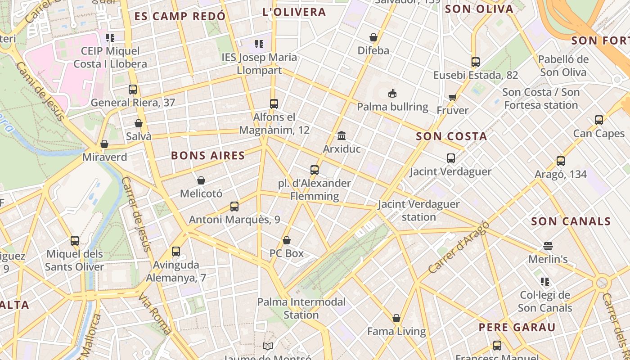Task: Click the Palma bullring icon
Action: click(392, 93)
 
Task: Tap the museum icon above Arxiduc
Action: click(342, 135)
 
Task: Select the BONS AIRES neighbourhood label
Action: click(208, 156)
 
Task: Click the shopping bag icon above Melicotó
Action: click(201, 180)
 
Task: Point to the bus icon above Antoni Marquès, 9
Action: click(234, 207)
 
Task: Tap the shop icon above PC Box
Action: click(287, 240)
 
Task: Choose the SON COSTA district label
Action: click(451, 136)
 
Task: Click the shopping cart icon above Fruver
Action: click(452, 97)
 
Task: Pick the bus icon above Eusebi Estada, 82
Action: click(476, 62)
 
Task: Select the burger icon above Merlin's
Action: click(548, 246)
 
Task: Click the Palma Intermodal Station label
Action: click(301, 308)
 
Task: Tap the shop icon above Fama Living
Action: click(396, 318)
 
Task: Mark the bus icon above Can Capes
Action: click(599, 120)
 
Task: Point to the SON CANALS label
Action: click(571, 221)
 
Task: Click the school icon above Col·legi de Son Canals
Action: click(545, 282)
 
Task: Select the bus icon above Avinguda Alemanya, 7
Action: click(176, 252)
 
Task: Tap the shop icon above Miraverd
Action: click(104, 144)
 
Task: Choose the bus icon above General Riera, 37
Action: click(133, 90)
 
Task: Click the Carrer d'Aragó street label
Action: click(458, 248)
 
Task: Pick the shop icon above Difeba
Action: click(373, 37)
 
